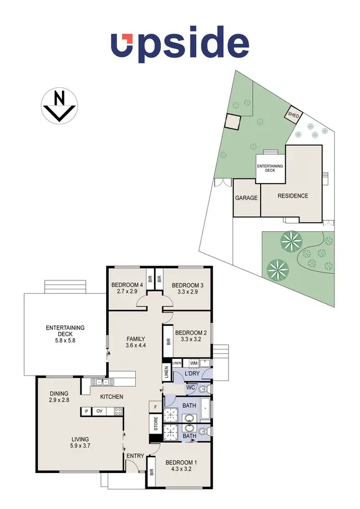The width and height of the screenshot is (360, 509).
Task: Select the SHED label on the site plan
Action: click(x=293, y=116)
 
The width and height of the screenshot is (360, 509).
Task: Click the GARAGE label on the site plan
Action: click(x=246, y=198)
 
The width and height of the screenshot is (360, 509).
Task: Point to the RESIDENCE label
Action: click(x=293, y=196)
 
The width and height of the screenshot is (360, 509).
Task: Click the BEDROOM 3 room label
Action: click(x=188, y=285)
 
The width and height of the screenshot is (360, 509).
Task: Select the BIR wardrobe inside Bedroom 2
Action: click(x=168, y=342)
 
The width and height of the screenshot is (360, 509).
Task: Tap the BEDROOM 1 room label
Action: click(x=181, y=462)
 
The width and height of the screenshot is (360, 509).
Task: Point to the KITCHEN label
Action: click(x=111, y=397)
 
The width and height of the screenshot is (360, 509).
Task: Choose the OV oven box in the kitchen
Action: click(x=100, y=411)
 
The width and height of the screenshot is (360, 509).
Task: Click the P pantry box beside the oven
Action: click(x=86, y=411)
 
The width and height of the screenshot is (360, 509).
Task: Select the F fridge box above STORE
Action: click(x=155, y=407)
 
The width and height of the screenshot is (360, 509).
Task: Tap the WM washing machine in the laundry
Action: click(x=193, y=363)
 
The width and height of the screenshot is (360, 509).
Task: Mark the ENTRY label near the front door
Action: click(x=135, y=456)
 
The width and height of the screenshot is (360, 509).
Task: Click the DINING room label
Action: click(x=59, y=393)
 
